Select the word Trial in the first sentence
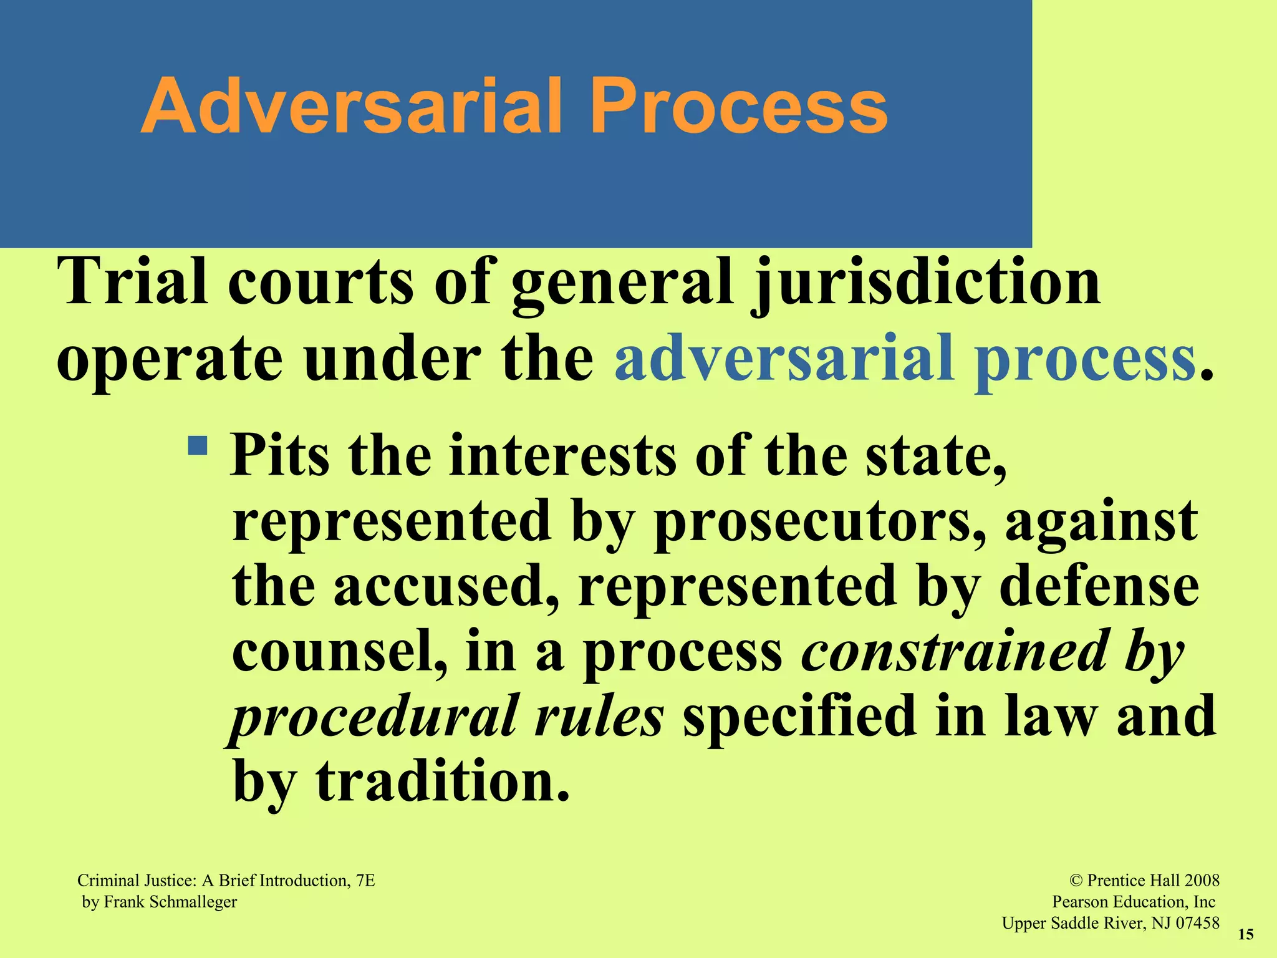click(x=132, y=282)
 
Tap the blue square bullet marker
click(x=198, y=446)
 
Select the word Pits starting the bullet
click(x=279, y=456)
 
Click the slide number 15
click(x=1245, y=934)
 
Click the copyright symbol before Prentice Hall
click(x=1076, y=881)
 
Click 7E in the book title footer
click(x=365, y=881)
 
